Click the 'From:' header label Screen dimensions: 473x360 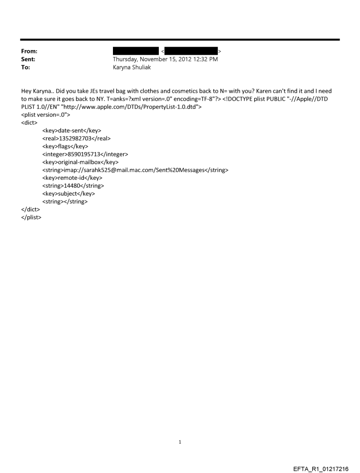pos(29,52)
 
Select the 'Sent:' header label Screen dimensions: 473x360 pos(28,60)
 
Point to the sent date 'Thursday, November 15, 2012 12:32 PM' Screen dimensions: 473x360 pos(165,60)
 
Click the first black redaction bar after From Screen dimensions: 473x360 pos(135,52)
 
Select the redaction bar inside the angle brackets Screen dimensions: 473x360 pos(191,52)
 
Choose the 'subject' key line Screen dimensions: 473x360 pos(68,194)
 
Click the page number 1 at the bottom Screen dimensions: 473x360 pos(180,442)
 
